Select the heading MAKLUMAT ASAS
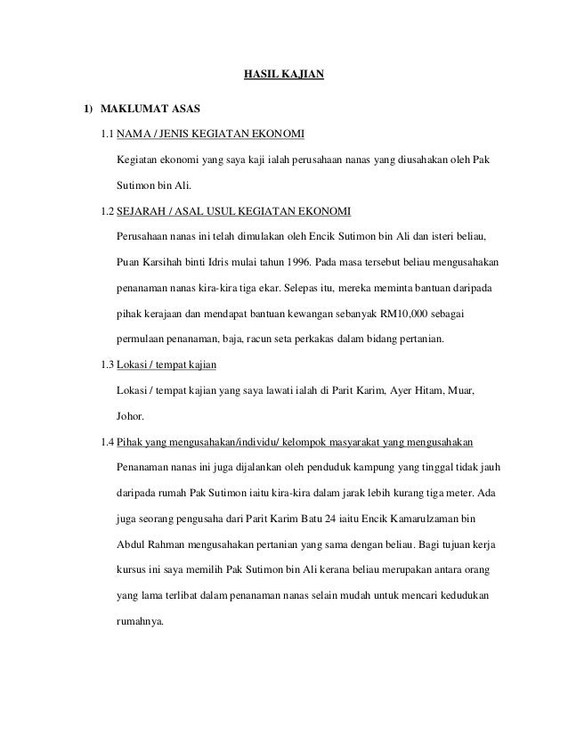point(150,110)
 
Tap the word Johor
point(131,416)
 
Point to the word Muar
point(463,391)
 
